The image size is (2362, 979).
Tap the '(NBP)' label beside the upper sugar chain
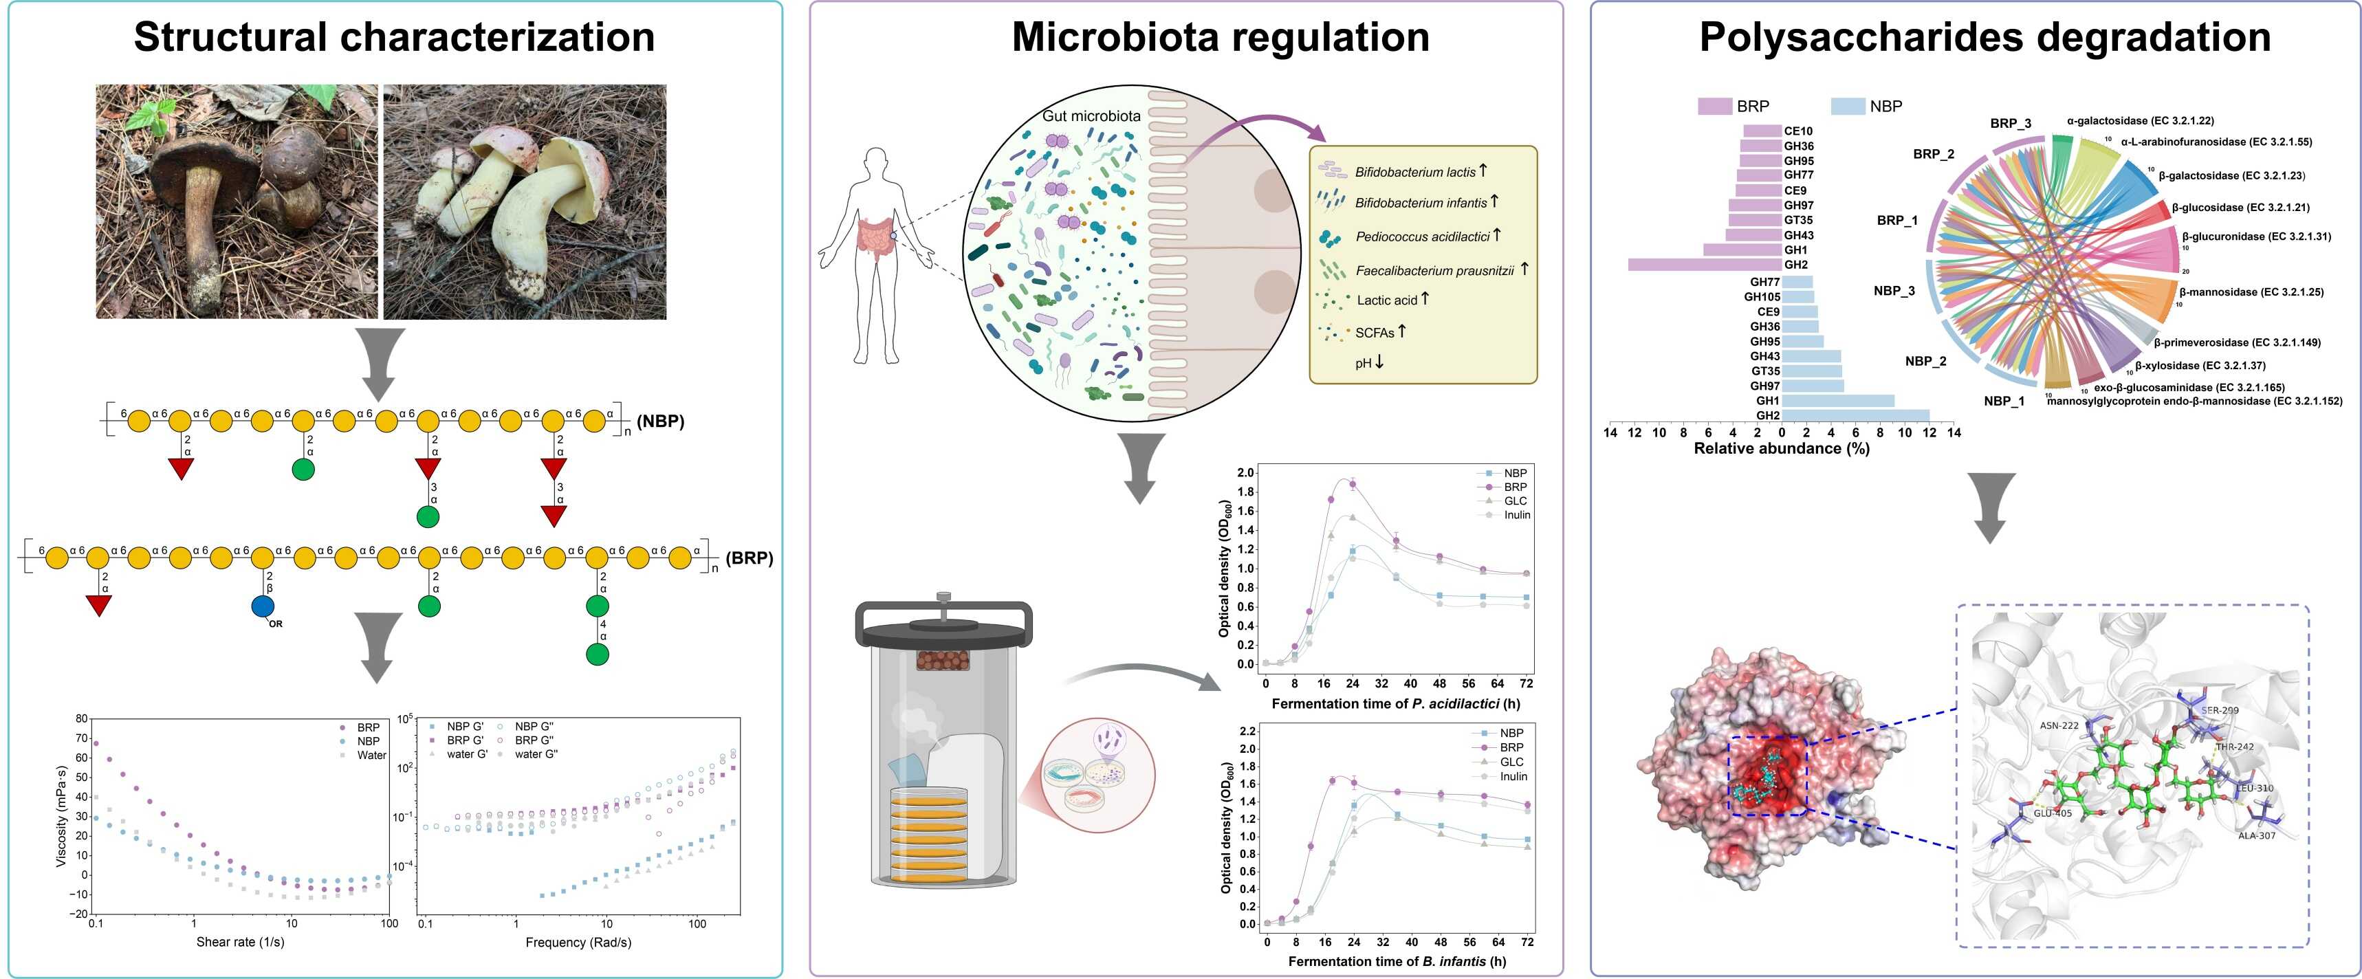click(x=660, y=421)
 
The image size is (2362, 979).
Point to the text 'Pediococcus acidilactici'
click(x=1422, y=236)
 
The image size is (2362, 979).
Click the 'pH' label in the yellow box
click(x=1364, y=364)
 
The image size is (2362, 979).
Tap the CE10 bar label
click(x=1798, y=131)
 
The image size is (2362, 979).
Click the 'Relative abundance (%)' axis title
click(x=1782, y=448)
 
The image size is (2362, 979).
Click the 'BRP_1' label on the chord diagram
click(x=1897, y=221)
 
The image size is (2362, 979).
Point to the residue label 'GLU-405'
click(x=2052, y=813)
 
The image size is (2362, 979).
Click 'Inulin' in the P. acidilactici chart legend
click(x=1517, y=515)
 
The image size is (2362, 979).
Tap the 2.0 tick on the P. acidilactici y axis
click(x=1245, y=473)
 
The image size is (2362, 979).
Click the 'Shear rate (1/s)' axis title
click(x=240, y=943)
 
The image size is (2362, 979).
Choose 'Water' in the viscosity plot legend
click(x=371, y=756)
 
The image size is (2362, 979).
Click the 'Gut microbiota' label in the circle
click(x=1091, y=116)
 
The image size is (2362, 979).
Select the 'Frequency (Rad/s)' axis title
click(x=578, y=943)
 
